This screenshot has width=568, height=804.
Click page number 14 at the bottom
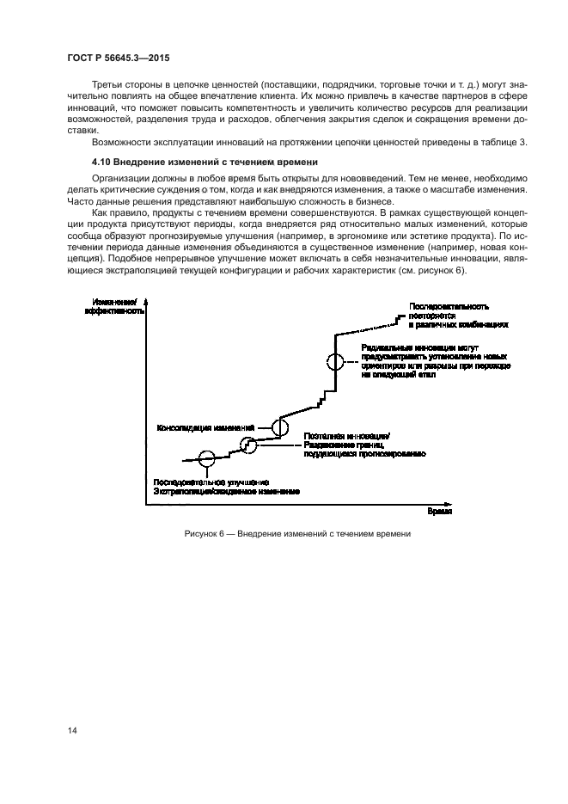pyautogui.click(x=73, y=732)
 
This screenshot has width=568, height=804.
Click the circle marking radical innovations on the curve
pyautogui.click(x=334, y=362)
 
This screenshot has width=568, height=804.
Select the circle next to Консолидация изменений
pyautogui.click(x=280, y=427)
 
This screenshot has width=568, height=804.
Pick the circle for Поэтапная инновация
pyautogui.click(x=248, y=444)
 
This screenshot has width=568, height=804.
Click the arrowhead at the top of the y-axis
pyautogui.click(x=147, y=302)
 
